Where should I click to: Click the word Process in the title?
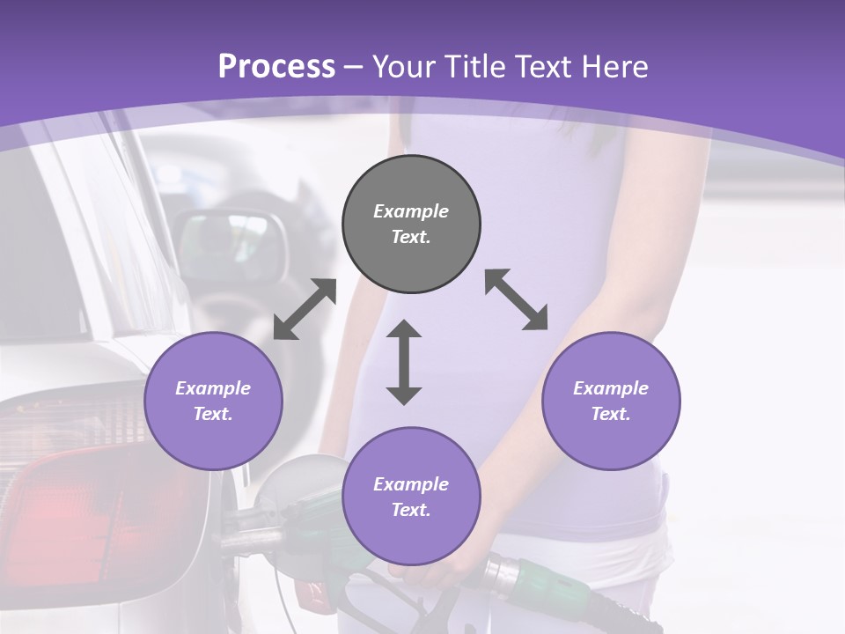(x=276, y=67)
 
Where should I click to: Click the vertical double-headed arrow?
(x=404, y=362)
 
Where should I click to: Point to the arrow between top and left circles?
(x=305, y=309)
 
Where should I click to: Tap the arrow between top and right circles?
(x=517, y=299)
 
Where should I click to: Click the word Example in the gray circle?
(x=411, y=211)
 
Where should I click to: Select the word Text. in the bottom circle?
(x=411, y=510)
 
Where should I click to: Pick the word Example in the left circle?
(x=213, y=388)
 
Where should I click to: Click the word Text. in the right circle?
(x=611, y=414)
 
